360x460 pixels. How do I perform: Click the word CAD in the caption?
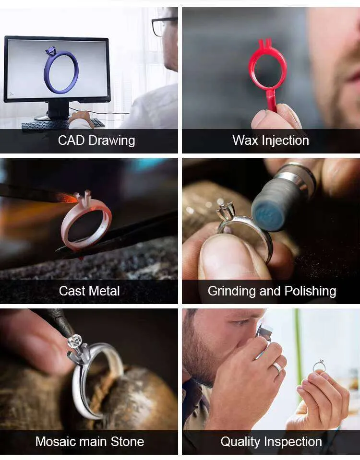[x=72, y=140]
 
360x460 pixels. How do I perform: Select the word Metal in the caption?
[x=104, y=291]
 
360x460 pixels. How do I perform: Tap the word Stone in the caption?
[x=127, y=441]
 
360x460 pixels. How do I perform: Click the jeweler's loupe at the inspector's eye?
[x=264, y=333]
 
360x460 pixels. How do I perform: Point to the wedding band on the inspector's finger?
[x=277, y=368]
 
